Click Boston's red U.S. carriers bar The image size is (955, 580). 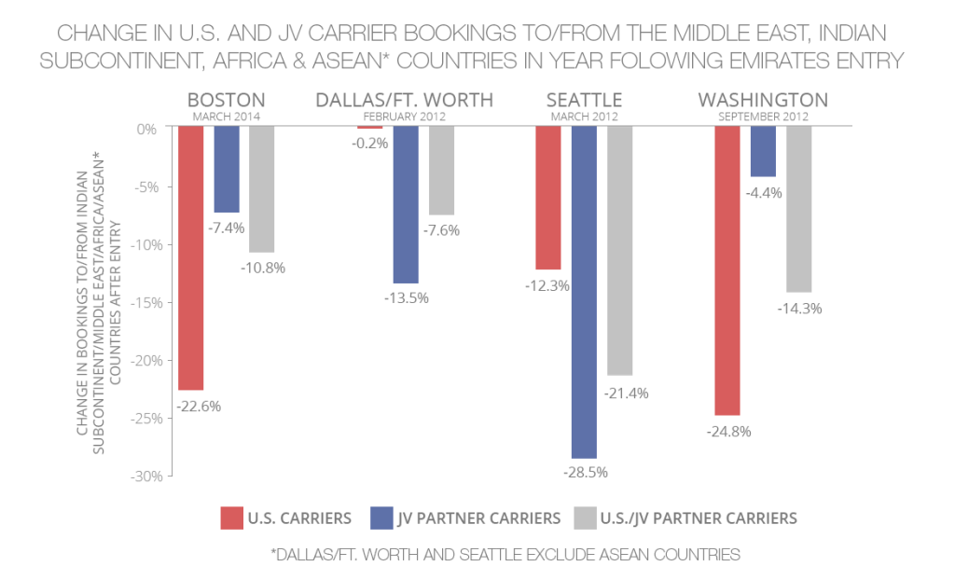pyautogui.click(x=191, y=257)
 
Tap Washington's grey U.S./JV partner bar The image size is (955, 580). pyautogui.click(x=798, y=209)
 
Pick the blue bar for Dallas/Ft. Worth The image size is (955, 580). pyautogui.click(x=405, y=204)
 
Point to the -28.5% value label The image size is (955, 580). pyautogui.click(x=585, y=473)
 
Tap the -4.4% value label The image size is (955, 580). pyautogui.click(x=763, y=193)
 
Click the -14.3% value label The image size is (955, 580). pyautogui.click(x=799, y=309)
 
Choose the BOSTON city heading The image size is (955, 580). pyautogui.click(x=227, y=100)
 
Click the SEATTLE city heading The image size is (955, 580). pyautogui.click(x=585, y=100)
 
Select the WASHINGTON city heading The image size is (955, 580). pyautogui.click(x=763, y=100)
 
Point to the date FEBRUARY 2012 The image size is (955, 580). pyautogui.click(x=404, y=117)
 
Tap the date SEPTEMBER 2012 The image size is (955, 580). pyautogui.click(x=763, y=117)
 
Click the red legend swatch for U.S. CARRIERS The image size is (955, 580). pyautogui.click(x=231, y=518)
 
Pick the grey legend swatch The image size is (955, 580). pyautogui.click(x=585, y=518)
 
